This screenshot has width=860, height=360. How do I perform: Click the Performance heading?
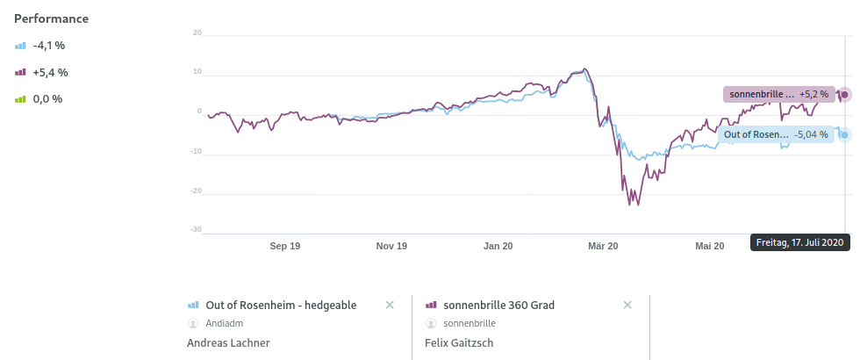point(51,18)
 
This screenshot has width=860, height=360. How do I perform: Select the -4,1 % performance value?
point(50,46)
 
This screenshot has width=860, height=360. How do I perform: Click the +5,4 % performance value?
point(50,73)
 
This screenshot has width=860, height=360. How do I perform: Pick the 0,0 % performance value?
point(47,99)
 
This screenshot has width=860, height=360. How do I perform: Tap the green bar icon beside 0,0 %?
point(21,99)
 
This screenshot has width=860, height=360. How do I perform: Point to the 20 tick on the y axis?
point(197,33)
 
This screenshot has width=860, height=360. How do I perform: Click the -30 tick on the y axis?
point(196,229)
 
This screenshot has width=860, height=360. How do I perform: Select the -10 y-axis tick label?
point(196,151)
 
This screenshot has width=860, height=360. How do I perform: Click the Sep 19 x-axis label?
point(285,247)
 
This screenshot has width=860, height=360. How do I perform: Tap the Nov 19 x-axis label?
point(391,247)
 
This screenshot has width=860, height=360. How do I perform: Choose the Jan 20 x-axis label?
point(498,247)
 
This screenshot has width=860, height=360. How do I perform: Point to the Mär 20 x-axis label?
point(603,247)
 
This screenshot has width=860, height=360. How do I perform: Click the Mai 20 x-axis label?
point(709,247)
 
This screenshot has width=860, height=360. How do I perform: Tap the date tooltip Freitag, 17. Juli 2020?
point(799,242)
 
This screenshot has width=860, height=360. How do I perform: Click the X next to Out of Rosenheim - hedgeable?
point(390,305)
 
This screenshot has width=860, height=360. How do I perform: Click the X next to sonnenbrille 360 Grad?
point(627,305)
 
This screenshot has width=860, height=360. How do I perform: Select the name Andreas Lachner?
point(228,343)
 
